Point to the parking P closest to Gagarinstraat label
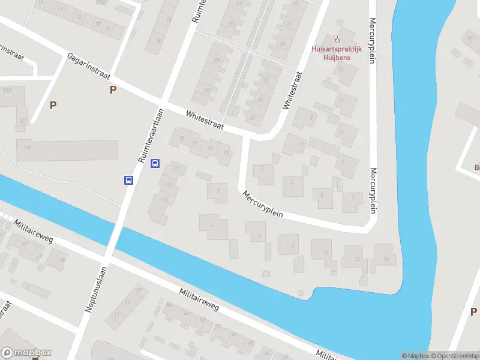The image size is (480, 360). (x=112, y=90)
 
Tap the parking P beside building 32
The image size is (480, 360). (x=53, y=105)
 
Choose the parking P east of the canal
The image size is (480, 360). (x=473, y=311)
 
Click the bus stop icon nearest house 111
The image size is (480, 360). (x=155, y=163)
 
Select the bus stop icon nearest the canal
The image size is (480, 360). (x=128, y=179)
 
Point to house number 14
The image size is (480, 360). (x=387, y=259)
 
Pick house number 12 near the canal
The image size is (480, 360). (x=358, y=259)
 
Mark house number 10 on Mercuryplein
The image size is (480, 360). (x=326, y=253)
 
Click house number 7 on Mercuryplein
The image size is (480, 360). (x=353, y=197)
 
